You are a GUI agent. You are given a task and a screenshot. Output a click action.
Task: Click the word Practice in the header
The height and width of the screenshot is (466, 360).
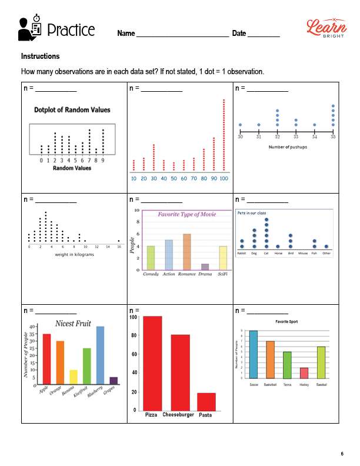click(70, 29)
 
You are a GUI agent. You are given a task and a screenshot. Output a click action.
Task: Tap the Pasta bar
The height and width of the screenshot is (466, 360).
click(206, 401)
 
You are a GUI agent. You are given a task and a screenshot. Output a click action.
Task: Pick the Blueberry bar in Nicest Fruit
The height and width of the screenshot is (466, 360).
click(100, 355)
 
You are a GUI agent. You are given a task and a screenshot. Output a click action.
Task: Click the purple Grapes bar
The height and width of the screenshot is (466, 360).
click(114, 380)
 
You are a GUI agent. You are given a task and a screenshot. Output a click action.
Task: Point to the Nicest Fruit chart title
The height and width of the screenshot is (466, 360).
click(72, 323)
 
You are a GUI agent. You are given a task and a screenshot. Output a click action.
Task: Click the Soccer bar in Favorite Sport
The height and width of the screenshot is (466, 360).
click(254, 354)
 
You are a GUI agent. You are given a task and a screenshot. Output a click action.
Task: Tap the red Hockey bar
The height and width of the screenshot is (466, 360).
click(304, 372)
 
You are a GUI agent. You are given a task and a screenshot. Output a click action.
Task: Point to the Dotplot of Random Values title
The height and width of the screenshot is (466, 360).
click(72, 109)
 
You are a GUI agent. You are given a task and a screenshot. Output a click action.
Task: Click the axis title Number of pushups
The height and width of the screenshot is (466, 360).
click(286, 147)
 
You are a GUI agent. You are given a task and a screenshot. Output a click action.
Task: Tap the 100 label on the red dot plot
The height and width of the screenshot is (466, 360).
click(224, 178)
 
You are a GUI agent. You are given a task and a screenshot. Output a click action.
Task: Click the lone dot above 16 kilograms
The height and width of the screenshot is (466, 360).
click(119, 241)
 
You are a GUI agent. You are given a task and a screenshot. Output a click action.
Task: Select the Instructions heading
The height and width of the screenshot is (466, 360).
click(40, 56)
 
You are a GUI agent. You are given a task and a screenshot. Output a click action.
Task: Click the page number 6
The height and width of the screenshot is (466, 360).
click(342, 453)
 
